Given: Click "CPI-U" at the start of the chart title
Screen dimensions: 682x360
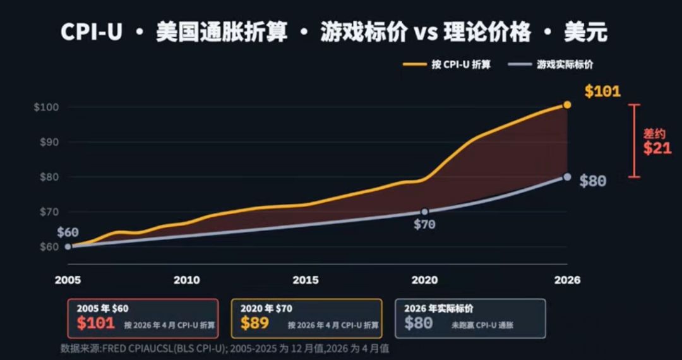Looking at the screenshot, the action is (92, 32).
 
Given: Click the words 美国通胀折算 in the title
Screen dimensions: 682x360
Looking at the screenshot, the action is (222, 32).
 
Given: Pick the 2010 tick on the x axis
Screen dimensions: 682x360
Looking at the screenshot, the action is (187, 280).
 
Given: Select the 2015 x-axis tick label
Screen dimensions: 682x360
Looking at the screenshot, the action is (306, 280).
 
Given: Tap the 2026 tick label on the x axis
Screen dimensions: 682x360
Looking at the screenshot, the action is (567, 280).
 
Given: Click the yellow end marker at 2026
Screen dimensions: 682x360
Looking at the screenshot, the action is (567, 105).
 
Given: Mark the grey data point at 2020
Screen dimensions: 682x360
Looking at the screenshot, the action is (424, 212).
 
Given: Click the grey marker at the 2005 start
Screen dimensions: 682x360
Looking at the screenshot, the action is (68, 246).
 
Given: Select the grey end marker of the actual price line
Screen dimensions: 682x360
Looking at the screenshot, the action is (567, 176).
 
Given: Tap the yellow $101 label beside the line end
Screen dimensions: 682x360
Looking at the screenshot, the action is (602, 92).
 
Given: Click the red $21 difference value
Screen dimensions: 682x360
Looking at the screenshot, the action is (657, 148).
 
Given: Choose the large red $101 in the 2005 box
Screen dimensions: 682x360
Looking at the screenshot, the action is (96, 323).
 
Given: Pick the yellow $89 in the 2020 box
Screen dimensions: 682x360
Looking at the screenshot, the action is (254, 323).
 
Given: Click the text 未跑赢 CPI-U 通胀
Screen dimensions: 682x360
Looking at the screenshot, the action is (482, 325).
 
